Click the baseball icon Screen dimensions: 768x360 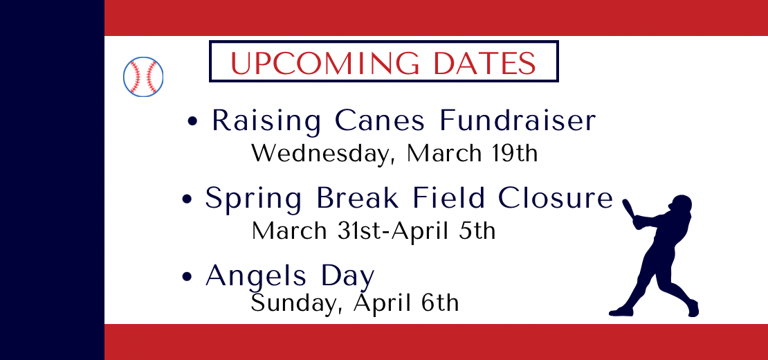coord(143,76)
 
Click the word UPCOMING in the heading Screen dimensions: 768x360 coord(324,63)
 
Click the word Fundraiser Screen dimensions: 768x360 coord(518,120)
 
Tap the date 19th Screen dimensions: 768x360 coord(514,153)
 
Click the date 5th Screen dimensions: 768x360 coord(477,231)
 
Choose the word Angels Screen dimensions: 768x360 coord(257,276)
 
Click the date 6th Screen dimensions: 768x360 coord(440,303)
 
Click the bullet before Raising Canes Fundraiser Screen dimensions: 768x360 coord(193,122)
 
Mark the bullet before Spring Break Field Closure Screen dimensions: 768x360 coord(187,200)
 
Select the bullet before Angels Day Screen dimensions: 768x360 coord(187,277)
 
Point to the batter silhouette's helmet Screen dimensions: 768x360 coord(681,203)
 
